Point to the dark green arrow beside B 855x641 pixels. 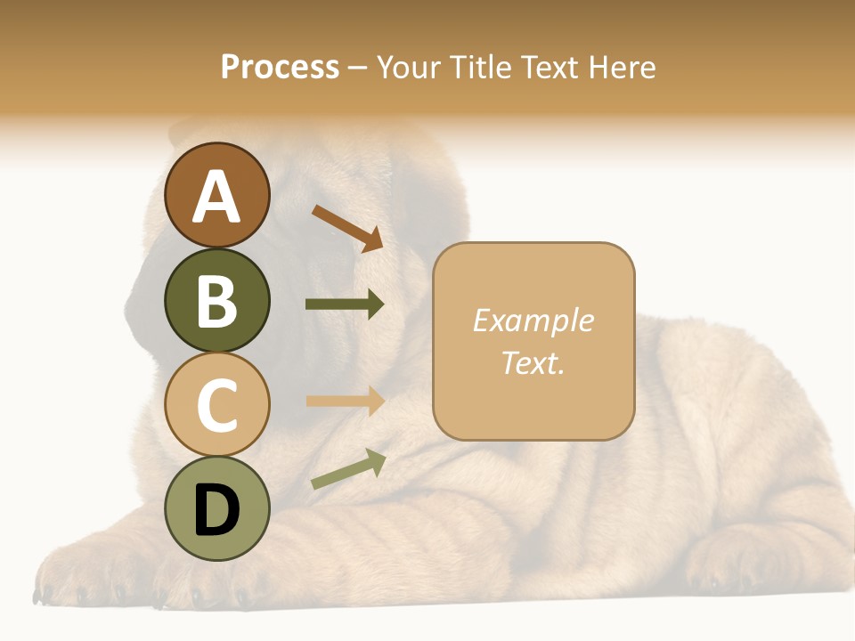[345, 304]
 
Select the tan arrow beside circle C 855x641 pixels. [345, 401]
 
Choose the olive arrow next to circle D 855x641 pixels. [348, 469]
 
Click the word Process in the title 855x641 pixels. [280, 67]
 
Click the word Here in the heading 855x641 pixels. [621, 67]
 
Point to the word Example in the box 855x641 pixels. [533, 320]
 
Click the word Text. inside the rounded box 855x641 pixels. [533, 362]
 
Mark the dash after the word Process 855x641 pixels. [357, 68]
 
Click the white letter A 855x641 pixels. [216, 198]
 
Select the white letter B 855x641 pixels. [216, 301]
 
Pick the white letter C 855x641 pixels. [216, 405]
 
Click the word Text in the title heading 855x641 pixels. [550, 67]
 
